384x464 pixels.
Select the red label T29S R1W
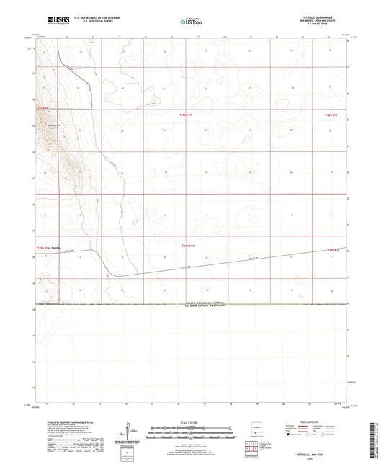coord(186,245)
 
